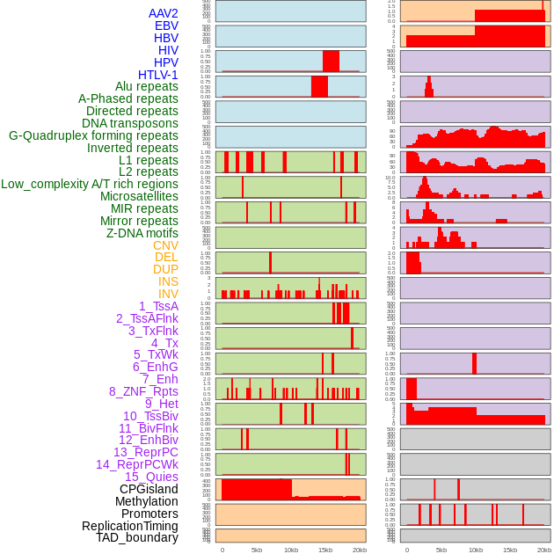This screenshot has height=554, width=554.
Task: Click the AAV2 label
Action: (164, 13)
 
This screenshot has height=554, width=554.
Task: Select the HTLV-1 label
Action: (158, 75)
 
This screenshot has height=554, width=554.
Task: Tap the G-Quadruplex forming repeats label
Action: (93, 135)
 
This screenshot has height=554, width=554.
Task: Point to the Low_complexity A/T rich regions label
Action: (90, 184)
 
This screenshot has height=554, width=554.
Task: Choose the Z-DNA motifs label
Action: (142, 233)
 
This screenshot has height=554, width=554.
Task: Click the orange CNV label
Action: (165, 245)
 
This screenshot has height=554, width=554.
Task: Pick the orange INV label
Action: (168, 294)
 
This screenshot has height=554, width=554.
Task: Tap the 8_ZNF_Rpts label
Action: (143, 391)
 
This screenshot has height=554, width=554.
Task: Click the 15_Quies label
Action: (151, 477)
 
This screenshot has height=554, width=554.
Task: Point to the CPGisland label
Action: (149, 489)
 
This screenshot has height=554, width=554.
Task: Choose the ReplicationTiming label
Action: (130, 526)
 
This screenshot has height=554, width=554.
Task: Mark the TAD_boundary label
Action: (137, 537)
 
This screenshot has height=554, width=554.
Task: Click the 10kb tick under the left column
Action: (291, 550)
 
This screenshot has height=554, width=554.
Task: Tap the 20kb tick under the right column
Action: (544, 550)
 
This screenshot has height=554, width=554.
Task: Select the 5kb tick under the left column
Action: (257, 550)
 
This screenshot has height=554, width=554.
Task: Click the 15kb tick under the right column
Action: (510, 550)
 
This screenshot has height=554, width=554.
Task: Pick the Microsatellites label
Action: (139, 196)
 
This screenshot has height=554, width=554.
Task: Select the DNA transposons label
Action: (130, 123)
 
